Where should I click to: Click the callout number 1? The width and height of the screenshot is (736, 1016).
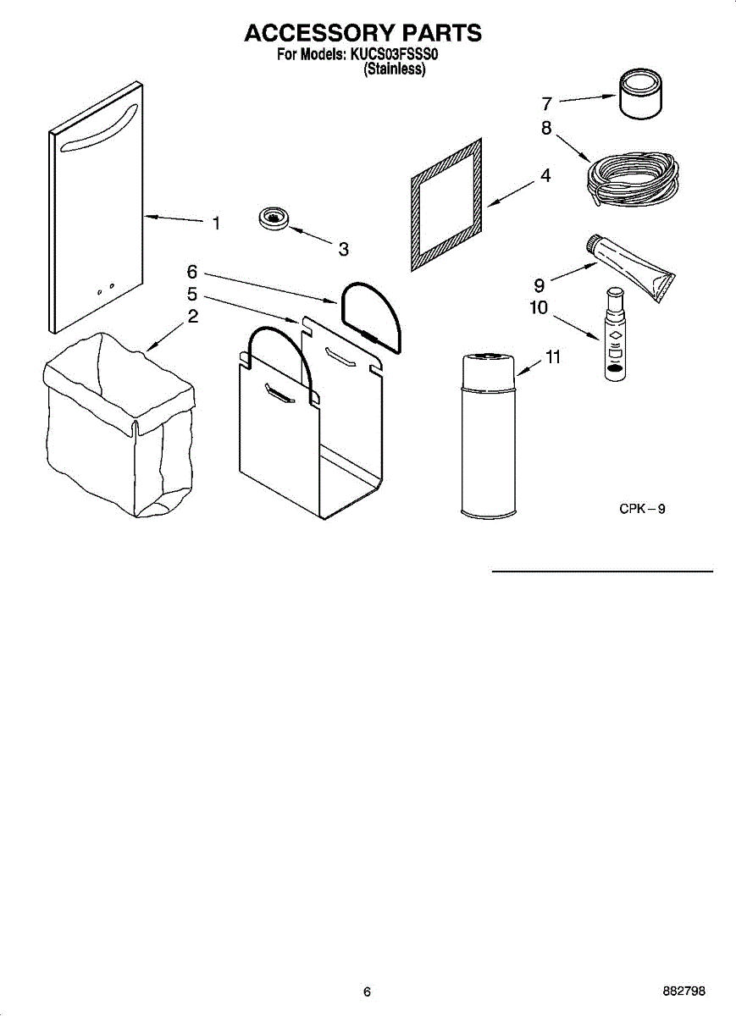point(216,224)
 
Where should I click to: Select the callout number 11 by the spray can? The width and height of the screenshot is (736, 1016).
point(552,357)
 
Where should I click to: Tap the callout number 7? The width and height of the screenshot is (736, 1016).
point(547,104)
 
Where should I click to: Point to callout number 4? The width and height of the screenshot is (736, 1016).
point(545,176)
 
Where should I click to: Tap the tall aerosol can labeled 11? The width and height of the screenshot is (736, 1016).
point(487,436)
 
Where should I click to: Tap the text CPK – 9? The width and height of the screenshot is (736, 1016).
point(641,509)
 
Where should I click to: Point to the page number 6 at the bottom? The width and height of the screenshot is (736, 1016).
point(367,991)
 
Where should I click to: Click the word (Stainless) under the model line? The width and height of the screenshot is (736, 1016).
point(394,71)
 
